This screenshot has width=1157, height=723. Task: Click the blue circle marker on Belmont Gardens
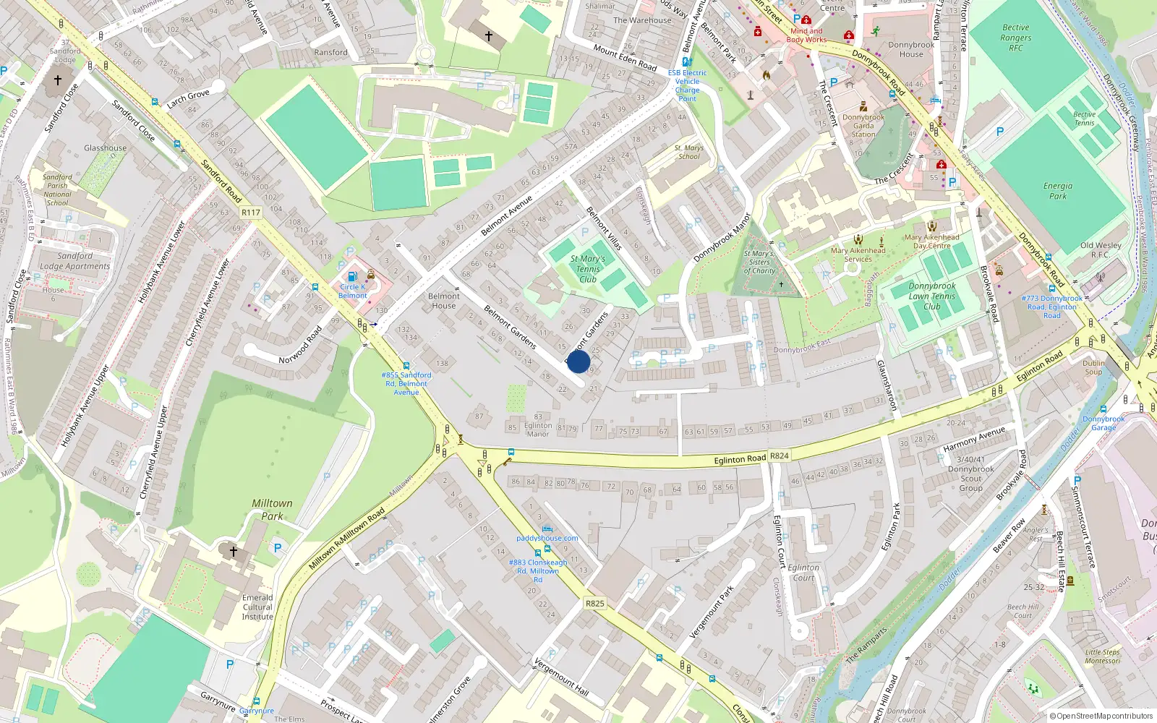click(578, 361)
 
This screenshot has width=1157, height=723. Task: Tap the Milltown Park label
click(272, 510)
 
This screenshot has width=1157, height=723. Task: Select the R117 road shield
click(251, 213)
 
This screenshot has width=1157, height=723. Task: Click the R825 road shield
click(594, 604)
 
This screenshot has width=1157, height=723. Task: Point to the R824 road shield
click(780, 456)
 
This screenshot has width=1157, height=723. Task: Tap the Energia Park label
click(1057, 191)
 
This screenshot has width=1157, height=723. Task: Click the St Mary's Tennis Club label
click(588, 269)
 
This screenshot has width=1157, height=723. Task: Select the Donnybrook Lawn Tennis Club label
click(932, 296)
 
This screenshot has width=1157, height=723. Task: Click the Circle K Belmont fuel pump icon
click(352, 276)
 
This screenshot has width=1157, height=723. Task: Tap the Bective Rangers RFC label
click(1016, 38)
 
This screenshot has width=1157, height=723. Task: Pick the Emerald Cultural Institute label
click(257, 607)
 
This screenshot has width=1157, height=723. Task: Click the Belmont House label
click(444, 301)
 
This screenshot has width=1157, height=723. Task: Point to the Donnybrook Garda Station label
click(863, 126)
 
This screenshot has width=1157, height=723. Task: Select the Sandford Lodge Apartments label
click(75, 261)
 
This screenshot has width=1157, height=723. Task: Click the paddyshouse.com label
click(547, 538)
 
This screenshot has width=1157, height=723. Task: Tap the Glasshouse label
click(105, 148)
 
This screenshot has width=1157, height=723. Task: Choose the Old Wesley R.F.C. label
click(1101, 249)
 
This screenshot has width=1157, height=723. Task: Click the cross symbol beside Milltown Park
click(233, 552)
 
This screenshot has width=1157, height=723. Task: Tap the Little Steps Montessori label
click(1103, 656)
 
